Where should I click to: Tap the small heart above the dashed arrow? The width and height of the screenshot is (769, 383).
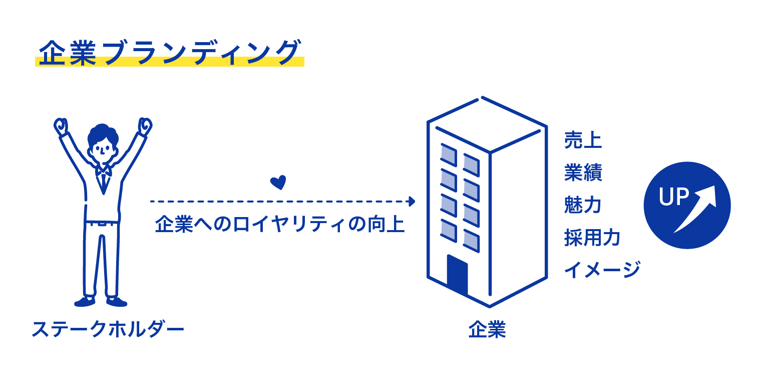(x=278, y=182)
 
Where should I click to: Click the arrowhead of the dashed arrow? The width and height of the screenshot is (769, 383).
(x=412, y=202)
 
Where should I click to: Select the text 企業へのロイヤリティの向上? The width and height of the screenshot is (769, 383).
(x=280, y=225)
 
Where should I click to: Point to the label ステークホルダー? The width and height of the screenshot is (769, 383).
(x=108, y=329)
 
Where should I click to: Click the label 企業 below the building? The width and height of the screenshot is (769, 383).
(x=487, y=329)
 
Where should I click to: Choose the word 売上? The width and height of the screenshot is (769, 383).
(x=583, y=140)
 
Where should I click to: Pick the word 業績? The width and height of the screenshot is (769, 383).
(x=583, y=172)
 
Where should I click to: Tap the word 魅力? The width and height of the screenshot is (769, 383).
(x=583, y=205)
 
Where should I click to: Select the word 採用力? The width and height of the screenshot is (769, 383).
(x=592, y=237)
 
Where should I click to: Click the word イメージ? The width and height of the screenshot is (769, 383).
(x=602, y=269)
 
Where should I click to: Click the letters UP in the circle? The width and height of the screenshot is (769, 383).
(x=673, y=197)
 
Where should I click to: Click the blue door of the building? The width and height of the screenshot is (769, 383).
(x=457, y=274)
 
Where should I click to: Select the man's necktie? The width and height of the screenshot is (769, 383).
(x=103, y=182)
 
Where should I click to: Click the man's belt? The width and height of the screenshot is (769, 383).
(x=102, y=223)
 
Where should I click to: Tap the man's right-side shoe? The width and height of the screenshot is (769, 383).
(x=117, y=302)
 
